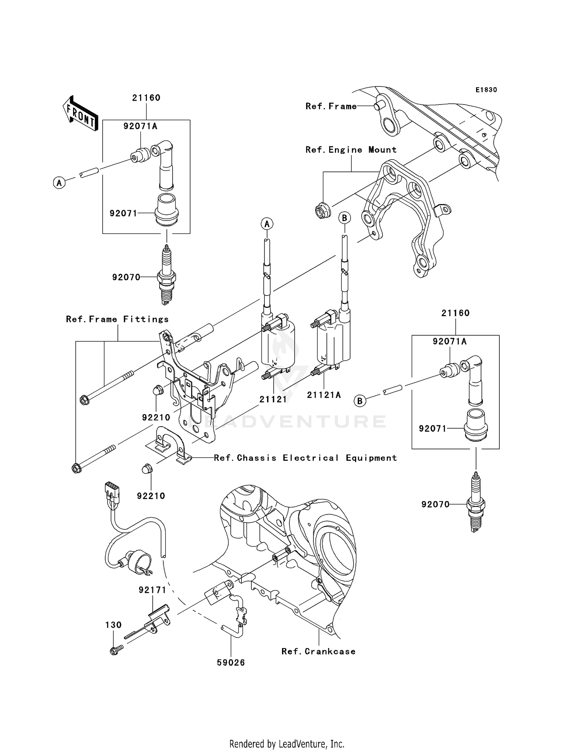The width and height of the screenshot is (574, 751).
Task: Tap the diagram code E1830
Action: pos(486,90)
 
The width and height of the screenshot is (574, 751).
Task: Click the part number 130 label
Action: pos(114,625)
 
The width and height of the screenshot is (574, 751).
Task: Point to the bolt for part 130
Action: pos(115,651)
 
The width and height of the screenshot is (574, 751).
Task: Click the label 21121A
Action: pos(324,395)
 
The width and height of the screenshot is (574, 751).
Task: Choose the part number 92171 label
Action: pos(152,590)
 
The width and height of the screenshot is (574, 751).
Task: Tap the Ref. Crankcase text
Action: pos(318,651)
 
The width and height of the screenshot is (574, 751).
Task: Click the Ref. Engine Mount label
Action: pos(351,150)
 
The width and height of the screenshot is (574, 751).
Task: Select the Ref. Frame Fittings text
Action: pos(117,319)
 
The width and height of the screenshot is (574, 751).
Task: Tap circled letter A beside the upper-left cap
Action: pos(59,183)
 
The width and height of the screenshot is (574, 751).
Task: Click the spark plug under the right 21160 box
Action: pos(476,503)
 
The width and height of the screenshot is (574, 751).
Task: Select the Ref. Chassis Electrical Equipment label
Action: pos(305,458)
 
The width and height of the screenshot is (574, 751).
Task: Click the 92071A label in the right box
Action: pos(450,341)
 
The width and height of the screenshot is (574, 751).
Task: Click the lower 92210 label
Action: pos(151,496)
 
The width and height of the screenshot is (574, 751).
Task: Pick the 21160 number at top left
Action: pos(146,98)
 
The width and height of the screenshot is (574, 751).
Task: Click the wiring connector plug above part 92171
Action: pos(112,491)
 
